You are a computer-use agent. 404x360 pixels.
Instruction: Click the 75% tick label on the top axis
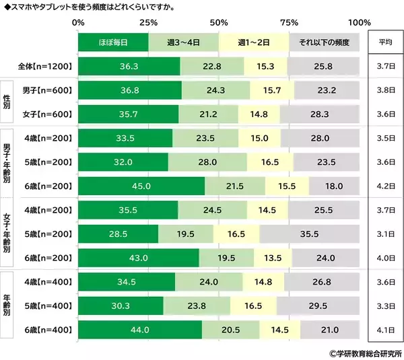(x=289, y=23)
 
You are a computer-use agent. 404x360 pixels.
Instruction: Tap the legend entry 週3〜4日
(x=183, y=42)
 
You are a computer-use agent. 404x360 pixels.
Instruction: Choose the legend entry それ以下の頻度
(x=324, y=42)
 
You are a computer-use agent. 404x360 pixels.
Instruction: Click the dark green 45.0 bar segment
(x=141, y=186)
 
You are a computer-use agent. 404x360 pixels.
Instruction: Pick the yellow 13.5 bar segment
(x=273, y=258)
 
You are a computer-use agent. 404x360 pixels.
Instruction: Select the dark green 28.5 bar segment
(x=118, y=234)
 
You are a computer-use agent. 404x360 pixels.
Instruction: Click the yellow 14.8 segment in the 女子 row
(x=259, y=114)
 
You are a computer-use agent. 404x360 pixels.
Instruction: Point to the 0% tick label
(x=78, y=23)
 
